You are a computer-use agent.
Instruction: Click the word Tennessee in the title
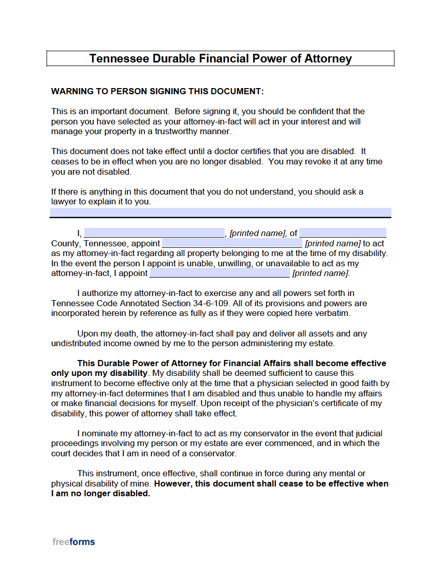(x=119, y=58)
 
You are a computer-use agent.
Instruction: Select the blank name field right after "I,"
(x=154, y=233)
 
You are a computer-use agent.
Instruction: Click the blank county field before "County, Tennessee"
(x=342, y=233)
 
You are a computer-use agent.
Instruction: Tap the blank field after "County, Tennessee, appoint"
(x=232, y=243)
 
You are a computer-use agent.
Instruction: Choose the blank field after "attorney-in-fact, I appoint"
(x=219, y=273)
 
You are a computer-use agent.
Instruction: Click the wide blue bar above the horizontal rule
(x=221, y=212)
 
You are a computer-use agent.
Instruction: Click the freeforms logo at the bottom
(x=74, y=542)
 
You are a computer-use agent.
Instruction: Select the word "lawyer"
(x=64, y=201)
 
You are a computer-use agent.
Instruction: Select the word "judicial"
(x=367, y=433)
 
